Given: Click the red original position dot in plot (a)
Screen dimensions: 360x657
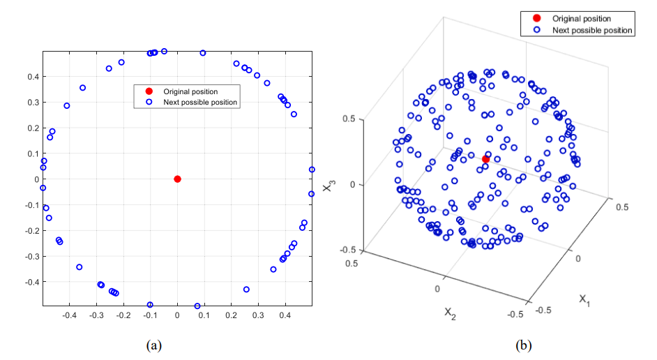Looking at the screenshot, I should [177, 179].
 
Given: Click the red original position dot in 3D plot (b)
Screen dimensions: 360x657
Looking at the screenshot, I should [485, 159].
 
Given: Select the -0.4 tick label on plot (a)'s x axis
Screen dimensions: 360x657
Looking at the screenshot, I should [70, 315].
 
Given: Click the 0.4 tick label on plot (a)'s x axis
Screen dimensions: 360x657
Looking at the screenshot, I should [285, 315].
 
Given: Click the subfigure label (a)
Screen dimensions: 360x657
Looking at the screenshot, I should [154, 345].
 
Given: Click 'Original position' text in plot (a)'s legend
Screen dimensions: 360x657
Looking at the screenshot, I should [190, 91].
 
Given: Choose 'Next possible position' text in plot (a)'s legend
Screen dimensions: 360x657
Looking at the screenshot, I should [200, 103].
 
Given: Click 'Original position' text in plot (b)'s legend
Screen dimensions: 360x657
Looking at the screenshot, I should [581, 19].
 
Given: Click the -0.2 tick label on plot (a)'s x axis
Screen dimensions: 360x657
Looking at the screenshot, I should [123, 315].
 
